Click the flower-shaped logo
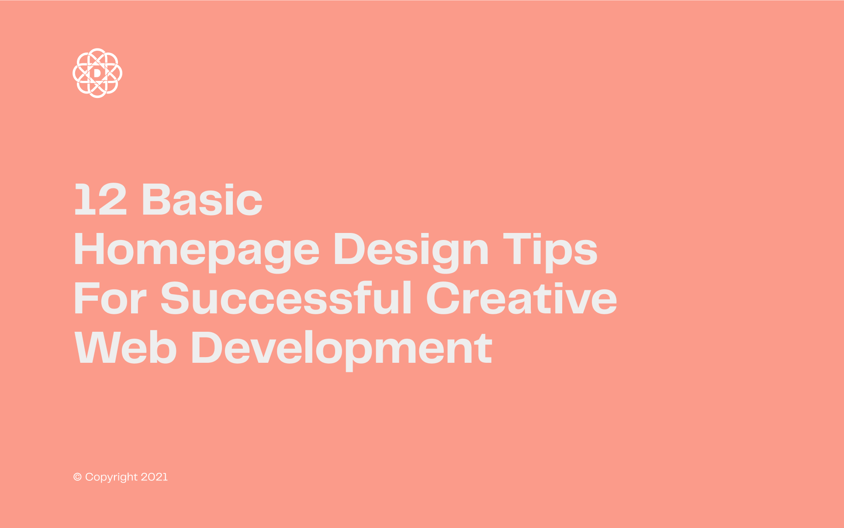click(97, 73)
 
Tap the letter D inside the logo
click(97, 73)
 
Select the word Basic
click(202, 200)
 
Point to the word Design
click(411, 250)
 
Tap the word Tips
click(550, 250)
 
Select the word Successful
click(286, 299)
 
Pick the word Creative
click(522, 299)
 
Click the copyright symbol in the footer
click(77, 477)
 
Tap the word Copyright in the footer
click(111, 477)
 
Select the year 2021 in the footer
click(154, 477)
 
